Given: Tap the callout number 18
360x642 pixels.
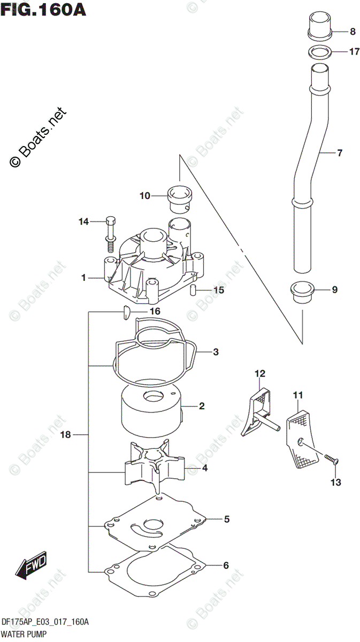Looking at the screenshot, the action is tap(66, 435).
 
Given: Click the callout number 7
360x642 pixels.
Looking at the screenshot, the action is tap(339, 153).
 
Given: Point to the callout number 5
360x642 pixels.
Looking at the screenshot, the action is tap(227, 519).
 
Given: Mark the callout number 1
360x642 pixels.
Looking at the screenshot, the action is tap(83, 278).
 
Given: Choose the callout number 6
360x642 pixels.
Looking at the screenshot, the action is tap(226, 565).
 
